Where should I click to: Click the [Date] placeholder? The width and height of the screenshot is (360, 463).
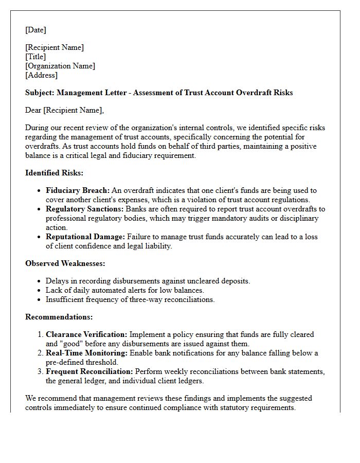point(35,30)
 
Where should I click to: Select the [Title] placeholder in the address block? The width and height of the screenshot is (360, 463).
point(35,57)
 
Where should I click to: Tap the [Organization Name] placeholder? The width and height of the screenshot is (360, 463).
point(60,66)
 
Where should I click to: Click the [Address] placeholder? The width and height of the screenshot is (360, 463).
point(41,75)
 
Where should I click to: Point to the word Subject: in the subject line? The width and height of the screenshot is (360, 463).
point(40,93)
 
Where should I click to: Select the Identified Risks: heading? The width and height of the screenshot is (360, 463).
point(54,173)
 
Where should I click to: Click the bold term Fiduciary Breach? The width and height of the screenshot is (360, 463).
point(78,191)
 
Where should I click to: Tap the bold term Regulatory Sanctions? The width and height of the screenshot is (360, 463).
point(84,209)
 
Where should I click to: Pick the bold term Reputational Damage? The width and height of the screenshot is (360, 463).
point(85,237)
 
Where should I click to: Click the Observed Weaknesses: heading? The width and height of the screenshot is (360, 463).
point(65,263)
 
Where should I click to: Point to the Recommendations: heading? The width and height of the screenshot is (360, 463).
point(59,317)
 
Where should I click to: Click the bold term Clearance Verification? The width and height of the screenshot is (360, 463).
point(86,334)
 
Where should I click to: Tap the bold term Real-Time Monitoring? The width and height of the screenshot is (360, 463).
point(86,353)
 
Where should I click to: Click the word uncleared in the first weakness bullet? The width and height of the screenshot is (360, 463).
point(207,281)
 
